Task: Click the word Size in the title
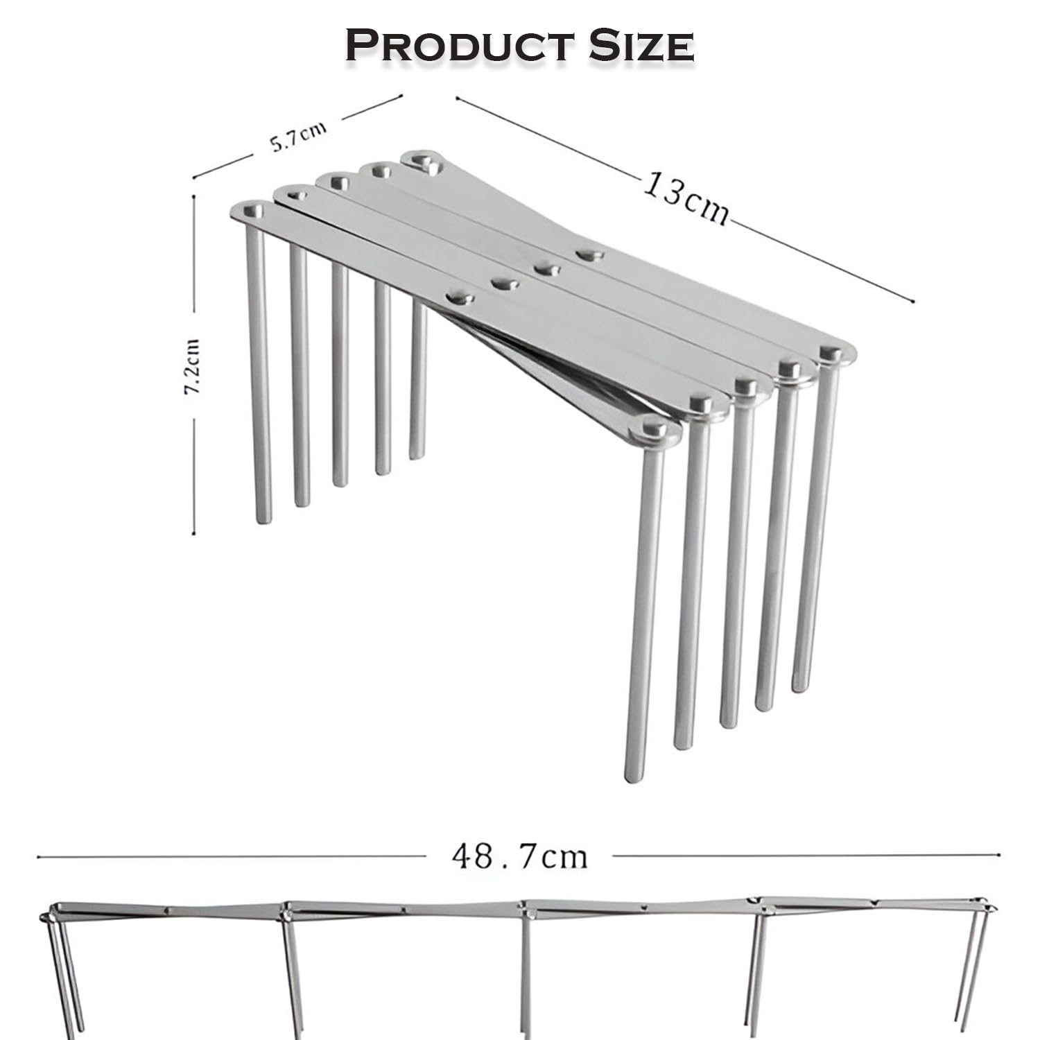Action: [641, 46]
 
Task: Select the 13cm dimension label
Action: [686, 198]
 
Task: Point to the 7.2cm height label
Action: [192, 367]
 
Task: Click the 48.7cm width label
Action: [519, 856]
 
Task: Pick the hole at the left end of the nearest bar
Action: [253, 208]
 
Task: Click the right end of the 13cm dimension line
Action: [914, 302]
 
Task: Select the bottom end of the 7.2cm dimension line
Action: [194, 535]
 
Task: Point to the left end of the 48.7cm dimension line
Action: [39, 857]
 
